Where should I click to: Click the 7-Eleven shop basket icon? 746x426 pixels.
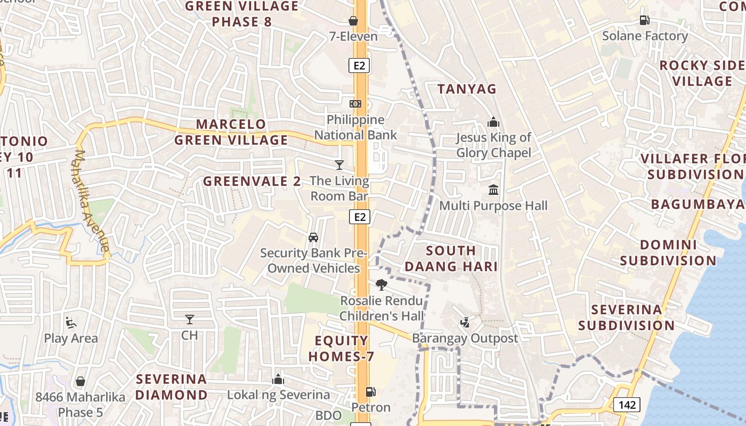click(353, 21)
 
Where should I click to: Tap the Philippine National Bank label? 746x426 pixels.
click(355, 127)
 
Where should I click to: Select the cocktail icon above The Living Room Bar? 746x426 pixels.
click(339, 165)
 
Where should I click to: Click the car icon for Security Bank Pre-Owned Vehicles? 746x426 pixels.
click(313, 237)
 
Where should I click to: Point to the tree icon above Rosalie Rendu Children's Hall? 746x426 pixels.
click(381, 285)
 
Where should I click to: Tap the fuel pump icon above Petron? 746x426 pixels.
click(370, 392)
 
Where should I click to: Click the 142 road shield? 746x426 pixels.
click(627, 405)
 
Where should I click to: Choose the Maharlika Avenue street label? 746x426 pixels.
click(91, 201)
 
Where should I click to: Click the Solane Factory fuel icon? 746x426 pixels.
click(644, 20)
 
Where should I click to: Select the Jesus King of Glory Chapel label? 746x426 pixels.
click(493, 145)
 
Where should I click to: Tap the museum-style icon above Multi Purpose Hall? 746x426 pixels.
click(493, 190)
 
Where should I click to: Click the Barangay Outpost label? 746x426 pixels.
click(465, 338)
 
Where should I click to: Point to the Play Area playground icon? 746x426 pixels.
click(71, 323)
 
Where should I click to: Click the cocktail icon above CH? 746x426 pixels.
click(189, 319)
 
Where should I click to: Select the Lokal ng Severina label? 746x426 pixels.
click(278, 395)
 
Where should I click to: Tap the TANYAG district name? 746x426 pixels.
click(467, 89)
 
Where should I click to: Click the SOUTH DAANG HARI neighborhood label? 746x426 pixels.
click(451, 258)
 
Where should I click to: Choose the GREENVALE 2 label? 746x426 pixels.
click(252, 181)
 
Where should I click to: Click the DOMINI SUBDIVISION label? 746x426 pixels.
click(668, 253)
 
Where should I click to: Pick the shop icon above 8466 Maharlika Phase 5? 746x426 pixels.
click(80, 381)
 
